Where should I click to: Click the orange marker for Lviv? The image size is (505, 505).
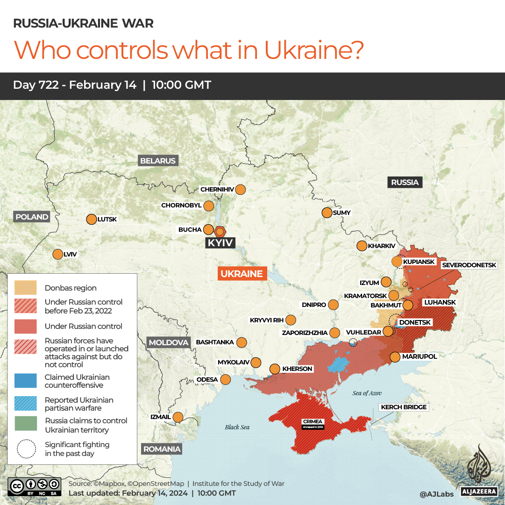point(57,255)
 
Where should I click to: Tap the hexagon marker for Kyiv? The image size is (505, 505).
point(220,231)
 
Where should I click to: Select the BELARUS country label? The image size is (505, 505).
point(158,161)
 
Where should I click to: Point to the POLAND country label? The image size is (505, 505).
point(32,217)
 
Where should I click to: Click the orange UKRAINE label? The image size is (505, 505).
point(242,274)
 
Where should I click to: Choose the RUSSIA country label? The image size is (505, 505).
point(405,182)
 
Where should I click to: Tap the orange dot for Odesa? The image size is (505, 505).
point(226,380)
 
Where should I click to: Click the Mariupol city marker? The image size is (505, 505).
point(395,357)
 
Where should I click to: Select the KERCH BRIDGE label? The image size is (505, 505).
point(404,407)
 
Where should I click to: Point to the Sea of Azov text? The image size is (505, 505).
point(367,393)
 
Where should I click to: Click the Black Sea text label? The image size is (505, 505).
point(237,427)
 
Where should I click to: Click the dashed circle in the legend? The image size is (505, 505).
point(26,449)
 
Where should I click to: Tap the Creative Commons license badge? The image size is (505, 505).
point(35,486)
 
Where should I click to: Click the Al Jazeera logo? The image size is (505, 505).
point(478,470)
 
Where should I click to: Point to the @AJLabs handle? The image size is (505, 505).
point(436,493)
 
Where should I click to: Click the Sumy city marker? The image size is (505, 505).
point(327,213)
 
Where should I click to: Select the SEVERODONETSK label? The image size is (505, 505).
point(469,265)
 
